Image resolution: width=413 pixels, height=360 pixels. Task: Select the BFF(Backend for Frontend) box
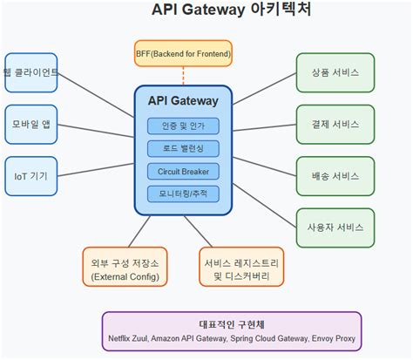[183, 55]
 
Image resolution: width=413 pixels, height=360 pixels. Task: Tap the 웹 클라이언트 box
[31, 71]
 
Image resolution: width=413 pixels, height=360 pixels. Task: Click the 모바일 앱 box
[31, 123]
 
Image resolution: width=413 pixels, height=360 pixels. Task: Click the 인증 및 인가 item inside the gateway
[183, 126]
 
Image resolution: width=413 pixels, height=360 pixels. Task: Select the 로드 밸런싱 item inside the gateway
[183, 148]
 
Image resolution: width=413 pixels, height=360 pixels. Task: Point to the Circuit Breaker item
[183, 171]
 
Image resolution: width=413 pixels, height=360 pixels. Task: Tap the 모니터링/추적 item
[183, 194]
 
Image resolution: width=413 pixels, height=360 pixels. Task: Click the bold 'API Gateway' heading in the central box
[183, 101]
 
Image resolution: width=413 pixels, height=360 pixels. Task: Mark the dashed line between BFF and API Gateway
[183, 77]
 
